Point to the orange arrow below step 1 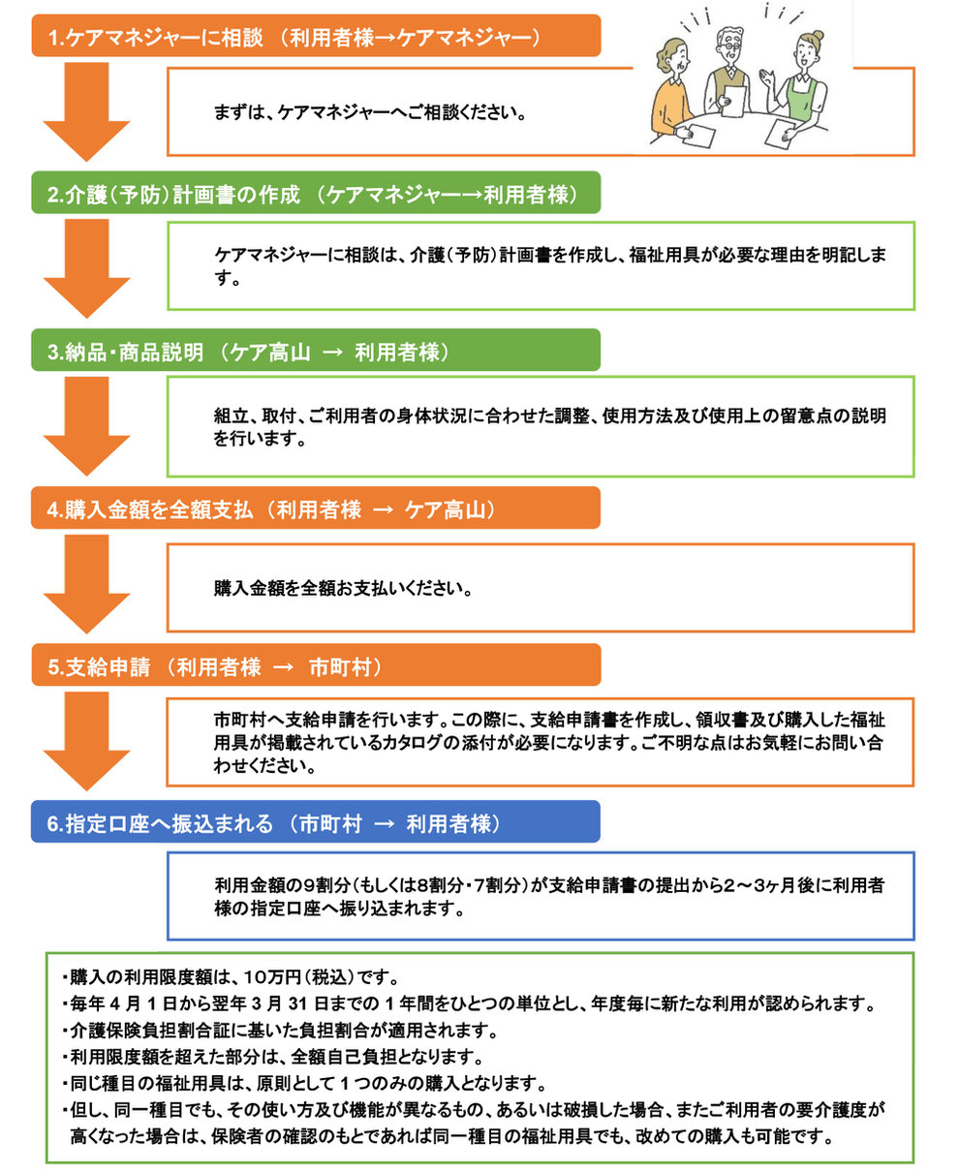[87, 111]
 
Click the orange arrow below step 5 [87, 741]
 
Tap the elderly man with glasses [727, 70]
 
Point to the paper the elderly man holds [733, 101]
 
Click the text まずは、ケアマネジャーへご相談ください [369, 112]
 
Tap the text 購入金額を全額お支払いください [343, 588]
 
